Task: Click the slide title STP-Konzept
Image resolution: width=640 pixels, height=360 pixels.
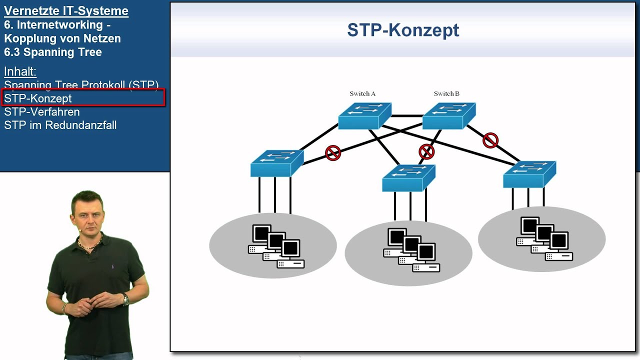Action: (403, 30)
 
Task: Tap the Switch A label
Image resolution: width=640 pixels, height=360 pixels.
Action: (362, 93)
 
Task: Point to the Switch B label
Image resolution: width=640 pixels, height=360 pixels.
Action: (446, 93)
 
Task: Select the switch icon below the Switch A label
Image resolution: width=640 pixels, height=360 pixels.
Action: (364, 116)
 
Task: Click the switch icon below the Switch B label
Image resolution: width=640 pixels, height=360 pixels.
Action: (448, 116)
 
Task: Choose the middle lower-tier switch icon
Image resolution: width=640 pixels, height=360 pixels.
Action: (408, 178)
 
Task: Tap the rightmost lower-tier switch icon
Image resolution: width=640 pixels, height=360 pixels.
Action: (529, 174)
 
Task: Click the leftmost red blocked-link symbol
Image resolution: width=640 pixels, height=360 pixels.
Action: (333, 153)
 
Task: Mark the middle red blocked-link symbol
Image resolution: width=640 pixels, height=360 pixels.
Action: (426, 151)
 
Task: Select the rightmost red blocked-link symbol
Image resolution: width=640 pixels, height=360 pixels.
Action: (490, 140)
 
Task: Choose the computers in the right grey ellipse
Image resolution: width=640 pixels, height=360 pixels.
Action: (544, 239)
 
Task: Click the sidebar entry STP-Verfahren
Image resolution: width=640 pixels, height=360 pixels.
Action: (42, 112)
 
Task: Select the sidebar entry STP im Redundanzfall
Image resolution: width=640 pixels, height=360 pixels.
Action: (60, 125)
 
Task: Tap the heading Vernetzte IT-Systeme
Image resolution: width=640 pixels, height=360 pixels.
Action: (66, 11)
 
